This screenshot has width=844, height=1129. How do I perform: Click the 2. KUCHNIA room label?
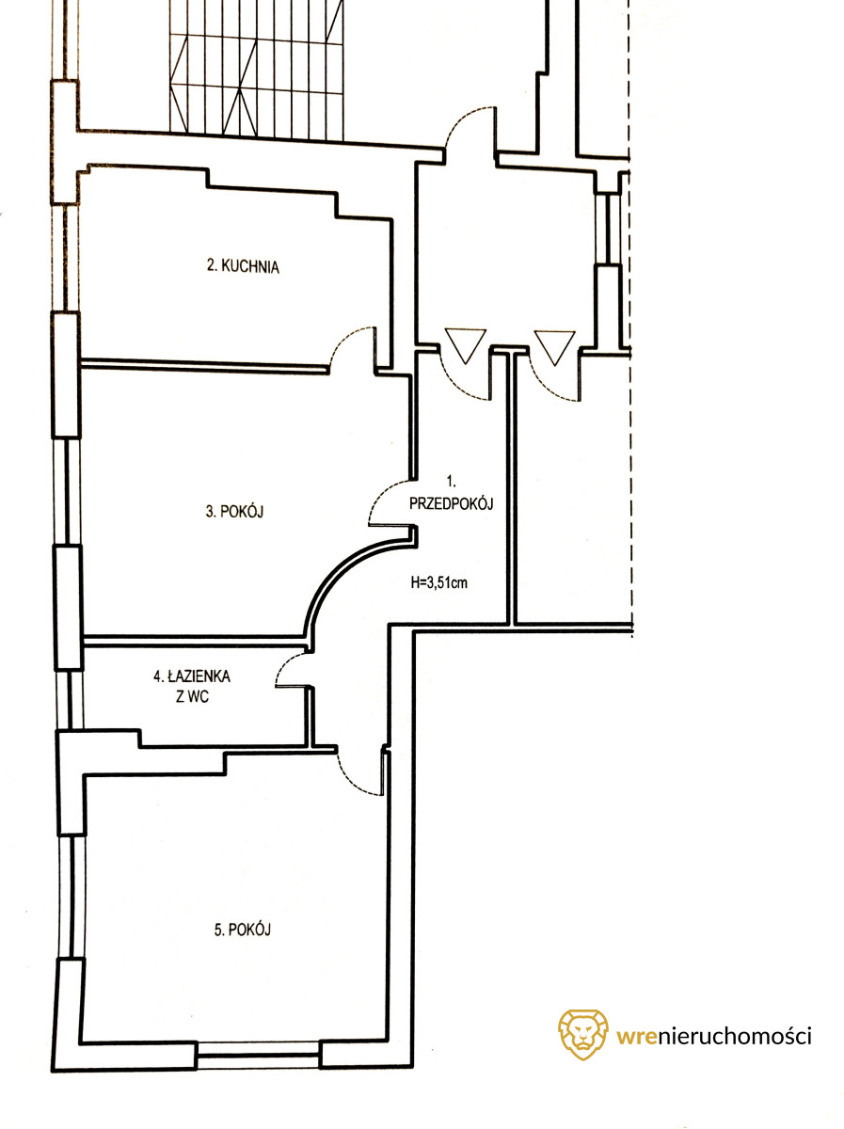243,266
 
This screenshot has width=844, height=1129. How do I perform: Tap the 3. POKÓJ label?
234,511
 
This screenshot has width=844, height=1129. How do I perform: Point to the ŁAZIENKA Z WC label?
192,686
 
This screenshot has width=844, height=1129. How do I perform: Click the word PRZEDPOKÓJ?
451,503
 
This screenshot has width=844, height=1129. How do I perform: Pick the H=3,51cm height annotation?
438,582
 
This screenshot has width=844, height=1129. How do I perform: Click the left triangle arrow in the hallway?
466,345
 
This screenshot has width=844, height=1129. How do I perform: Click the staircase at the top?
256,70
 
